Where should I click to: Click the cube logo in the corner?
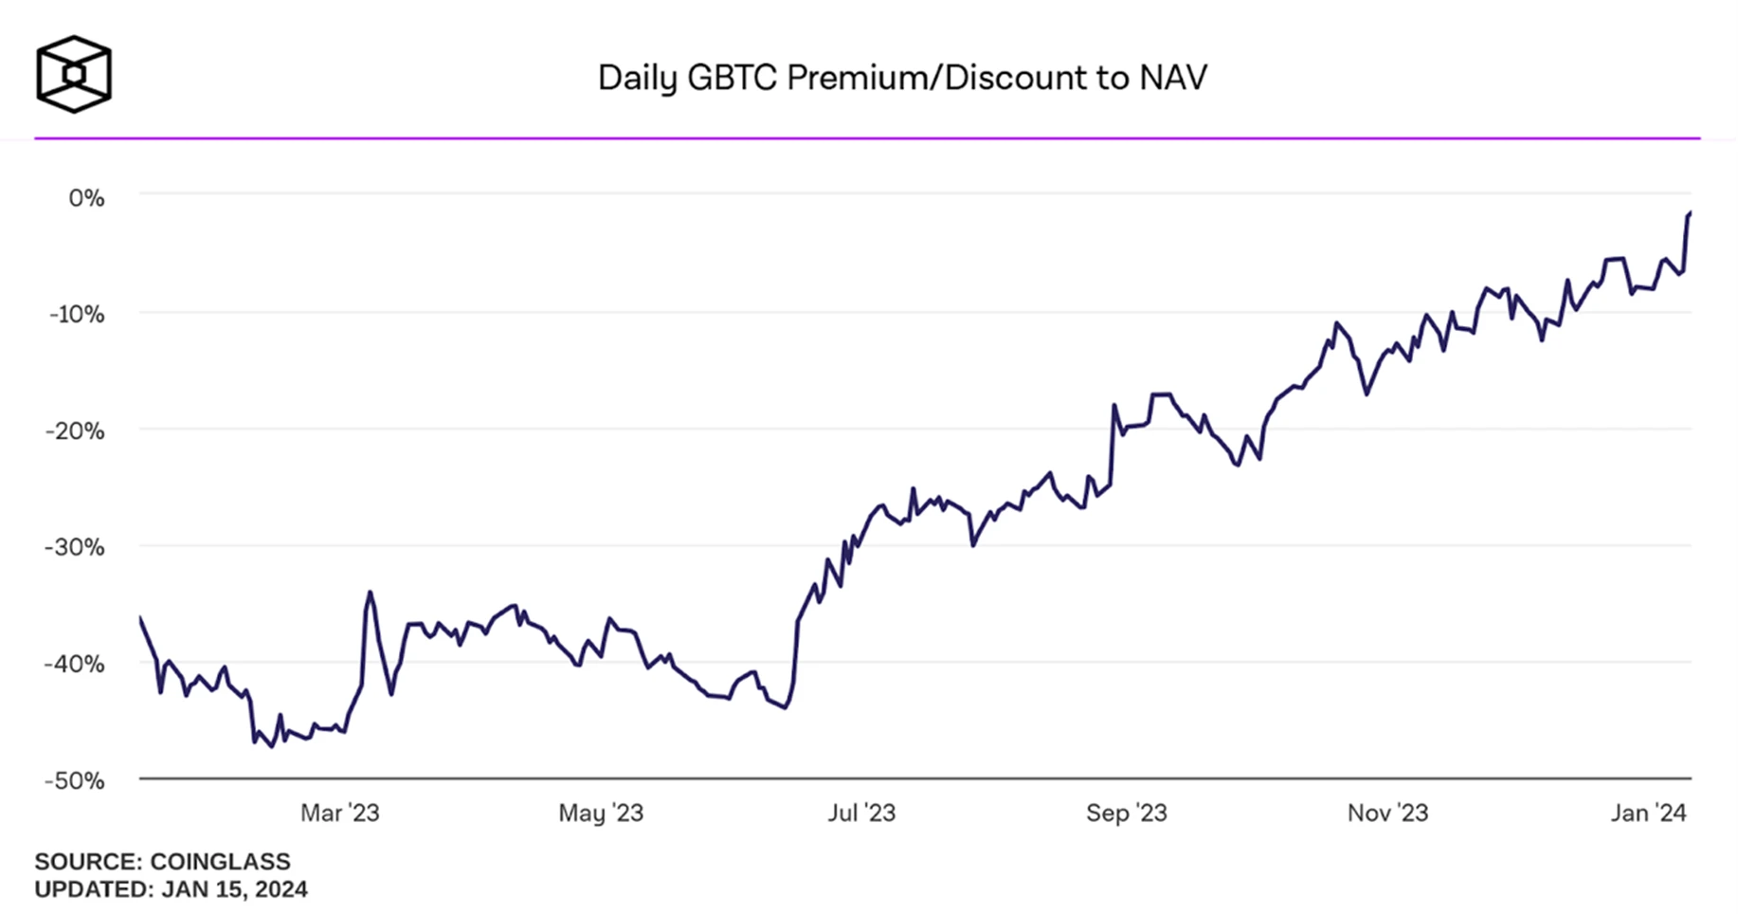tap(74, 74)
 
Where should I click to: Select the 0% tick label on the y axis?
tap(86, 198)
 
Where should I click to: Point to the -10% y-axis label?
tap(78, 314)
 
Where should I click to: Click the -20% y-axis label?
tap(76, 431)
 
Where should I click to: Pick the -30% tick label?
tap(76, 547)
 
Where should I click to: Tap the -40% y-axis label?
tap(76, 664)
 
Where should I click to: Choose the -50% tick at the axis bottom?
tap(76, 780)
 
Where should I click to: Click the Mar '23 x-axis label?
tap(339, 814)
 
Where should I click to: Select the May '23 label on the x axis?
tap(601, 814)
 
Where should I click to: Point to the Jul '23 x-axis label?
tap(861, 814)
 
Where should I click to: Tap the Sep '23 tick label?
tap(1127, 814)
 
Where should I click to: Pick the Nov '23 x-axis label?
tap(1387, 814)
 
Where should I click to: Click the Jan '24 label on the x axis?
tap(1649, 814)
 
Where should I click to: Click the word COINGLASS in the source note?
tap(220, 862)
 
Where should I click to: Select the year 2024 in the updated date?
tap(281, 889)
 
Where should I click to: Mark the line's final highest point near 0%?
tap(1690, 213)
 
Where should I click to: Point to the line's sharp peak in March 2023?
tap(371, 593)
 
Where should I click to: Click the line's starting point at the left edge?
tap(140, 618)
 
